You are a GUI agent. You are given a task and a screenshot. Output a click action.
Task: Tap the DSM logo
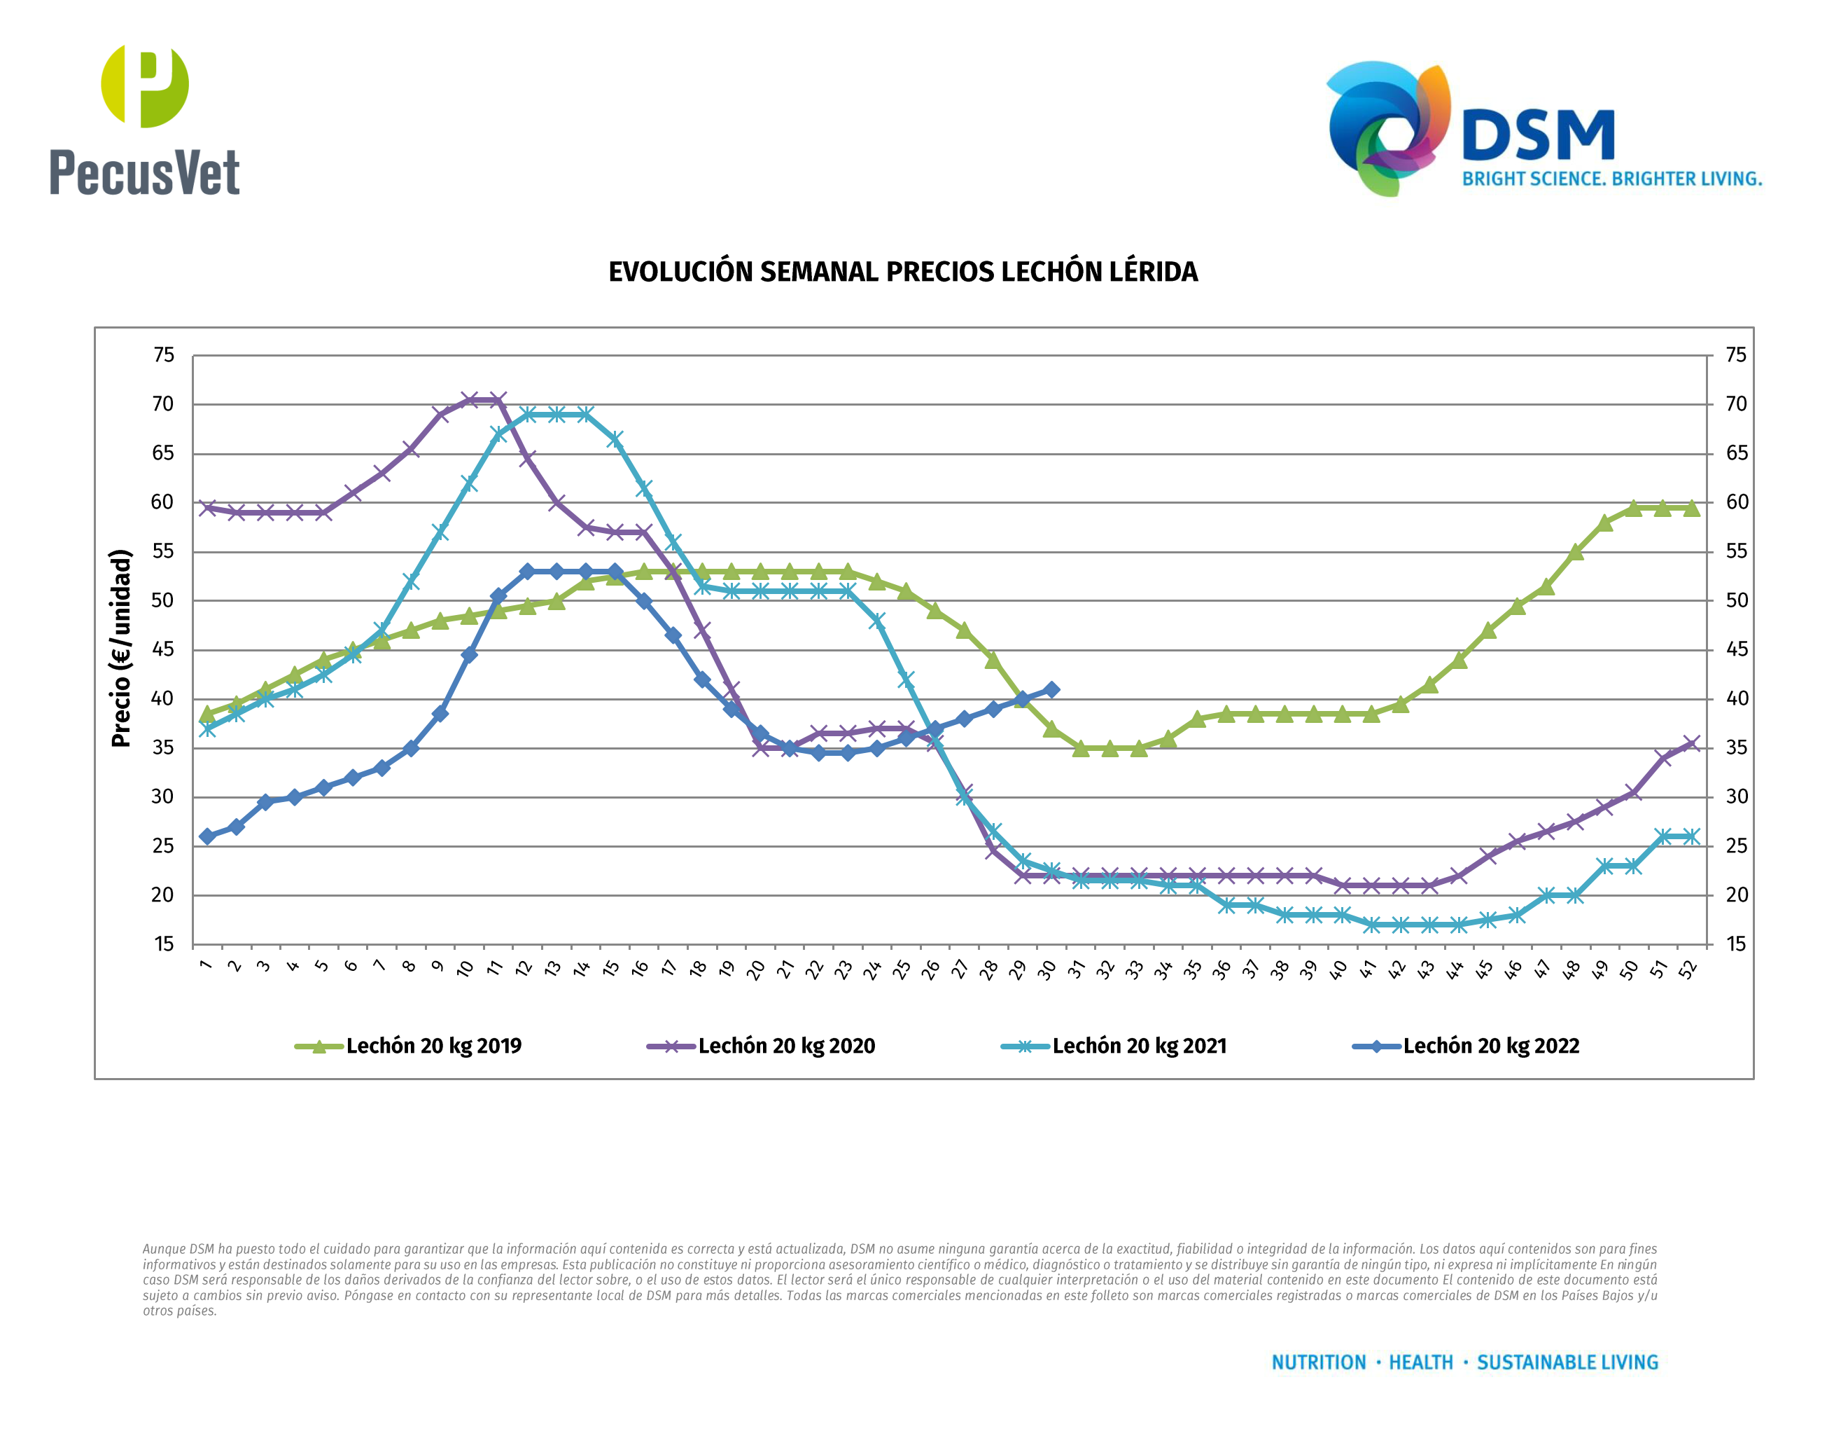[x=1543, y=129]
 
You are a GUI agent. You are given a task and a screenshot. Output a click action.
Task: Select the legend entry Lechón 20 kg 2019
[x=409, y=1047]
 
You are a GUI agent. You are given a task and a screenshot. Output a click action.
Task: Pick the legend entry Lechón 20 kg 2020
[x=761, y=1047]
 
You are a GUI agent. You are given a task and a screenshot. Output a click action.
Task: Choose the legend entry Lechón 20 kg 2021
[x=1114, y=1047]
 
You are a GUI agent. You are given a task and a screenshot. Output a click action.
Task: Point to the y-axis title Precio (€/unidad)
[x=122, y=649]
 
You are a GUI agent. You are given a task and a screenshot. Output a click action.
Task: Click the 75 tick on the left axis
[x=163, y=356]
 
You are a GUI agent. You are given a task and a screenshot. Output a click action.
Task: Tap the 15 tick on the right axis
[x=1736, y=945]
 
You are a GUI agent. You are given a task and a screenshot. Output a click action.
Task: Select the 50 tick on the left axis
[x=162, y=601]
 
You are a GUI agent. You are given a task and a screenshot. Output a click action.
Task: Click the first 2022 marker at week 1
[x=207, y=836]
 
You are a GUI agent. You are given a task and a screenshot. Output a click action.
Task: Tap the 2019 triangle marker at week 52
[x=1691, y=508]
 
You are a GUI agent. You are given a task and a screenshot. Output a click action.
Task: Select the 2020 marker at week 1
[x=207, y=508]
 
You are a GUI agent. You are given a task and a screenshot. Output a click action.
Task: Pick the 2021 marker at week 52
[x=1691, y=836]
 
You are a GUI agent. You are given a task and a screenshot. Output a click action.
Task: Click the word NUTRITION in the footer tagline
[x=1318, y=1363]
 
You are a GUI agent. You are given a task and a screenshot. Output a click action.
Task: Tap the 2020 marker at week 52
[x=1691, y=744]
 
